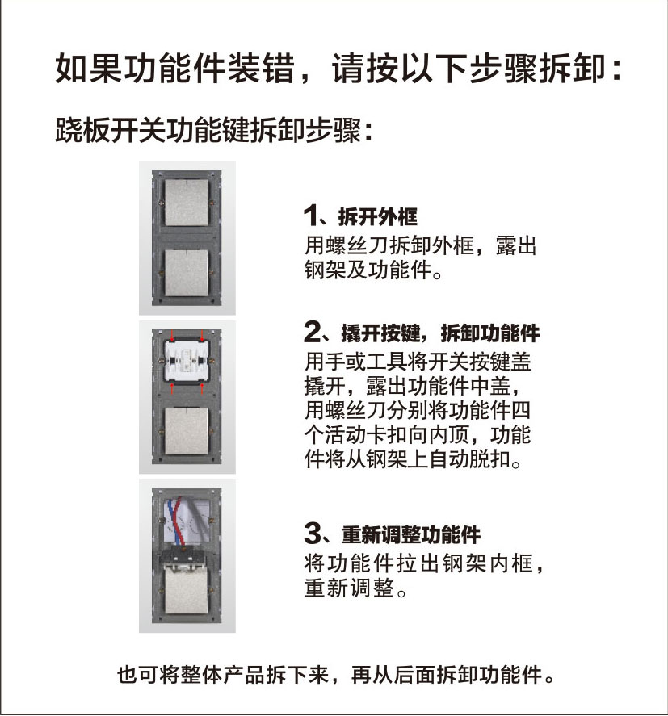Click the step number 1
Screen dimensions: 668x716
pyautogui.click(x=310, y=216)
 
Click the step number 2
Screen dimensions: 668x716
pyautogui.click(x=313, y=332)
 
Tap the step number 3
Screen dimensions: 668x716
pyautogui.click(x=313, y=534)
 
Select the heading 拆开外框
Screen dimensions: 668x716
pyautogui.click(x=378, y=216)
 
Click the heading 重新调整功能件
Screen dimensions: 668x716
pyautogui.click(x=411, y=534)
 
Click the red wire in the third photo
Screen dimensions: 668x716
pyautogui.click(x=180, y=521)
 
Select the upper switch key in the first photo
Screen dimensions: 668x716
pyautogui.click(x=187, y=202)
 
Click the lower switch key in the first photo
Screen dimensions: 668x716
pyautogui.click(x=187, y=273)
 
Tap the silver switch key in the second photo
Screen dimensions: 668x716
pyautogui.click(x=187, y=430)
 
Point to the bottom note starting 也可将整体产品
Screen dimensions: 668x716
pyautogui.click(x=335, y=675)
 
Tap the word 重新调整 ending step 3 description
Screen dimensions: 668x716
pyautogui.click(x=349, y=588)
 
